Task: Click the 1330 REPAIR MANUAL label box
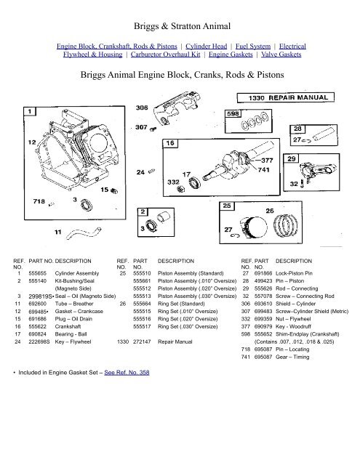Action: [x=289, y=96]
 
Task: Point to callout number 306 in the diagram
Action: [x=143, y=107]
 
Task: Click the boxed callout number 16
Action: [x=169, y=144]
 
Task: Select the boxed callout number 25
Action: [x=227, y=207]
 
